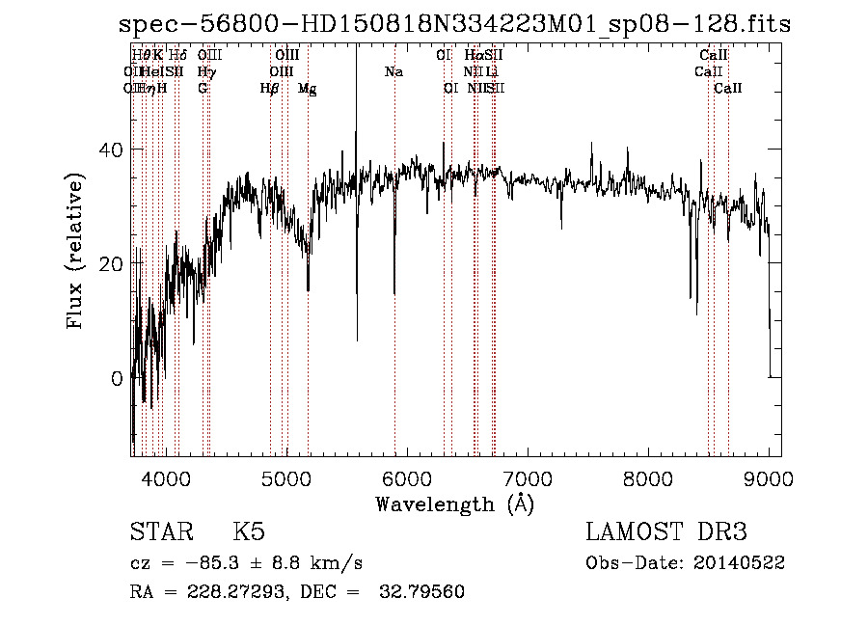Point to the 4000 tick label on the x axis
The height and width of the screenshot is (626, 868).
tap(165, 479)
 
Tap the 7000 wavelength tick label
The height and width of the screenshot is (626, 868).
tap(528, 479)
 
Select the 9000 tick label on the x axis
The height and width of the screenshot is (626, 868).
tap(769, 479)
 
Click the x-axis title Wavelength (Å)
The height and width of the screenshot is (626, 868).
tap(454, 504)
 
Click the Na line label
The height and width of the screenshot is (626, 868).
tap(393, 71)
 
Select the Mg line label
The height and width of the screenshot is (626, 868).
tap(307, 89)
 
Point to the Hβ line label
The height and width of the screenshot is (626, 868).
tap(269, 89)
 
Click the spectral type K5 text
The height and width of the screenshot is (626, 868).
tap(249, 532)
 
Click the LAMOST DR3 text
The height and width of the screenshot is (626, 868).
tap(666, 532)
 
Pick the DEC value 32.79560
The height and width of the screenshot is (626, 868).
tap(423, 591)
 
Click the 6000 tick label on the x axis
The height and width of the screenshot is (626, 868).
tap(407, 479)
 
